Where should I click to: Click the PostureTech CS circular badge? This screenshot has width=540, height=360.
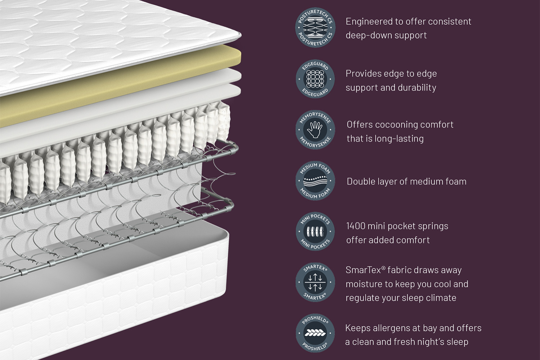pyautogui.click(x=315, y=28)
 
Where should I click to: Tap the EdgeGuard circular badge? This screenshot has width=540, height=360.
pyautogui.click(x=315, y=79)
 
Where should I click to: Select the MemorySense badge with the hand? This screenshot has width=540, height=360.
pyautogui.click(x=315, y=130)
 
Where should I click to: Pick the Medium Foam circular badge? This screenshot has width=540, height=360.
pyautogui.click(x=315, y=181)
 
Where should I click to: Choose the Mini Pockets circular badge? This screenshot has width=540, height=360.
pyautogui.click(x=315, y=231)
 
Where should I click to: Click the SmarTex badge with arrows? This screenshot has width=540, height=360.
pyautogui.click(x=315, y=282)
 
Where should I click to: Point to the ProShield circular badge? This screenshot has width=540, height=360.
pyautogui.click(x=315, y=333)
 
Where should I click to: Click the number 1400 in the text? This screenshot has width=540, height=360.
pyautogui.click(x=355, y=226)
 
